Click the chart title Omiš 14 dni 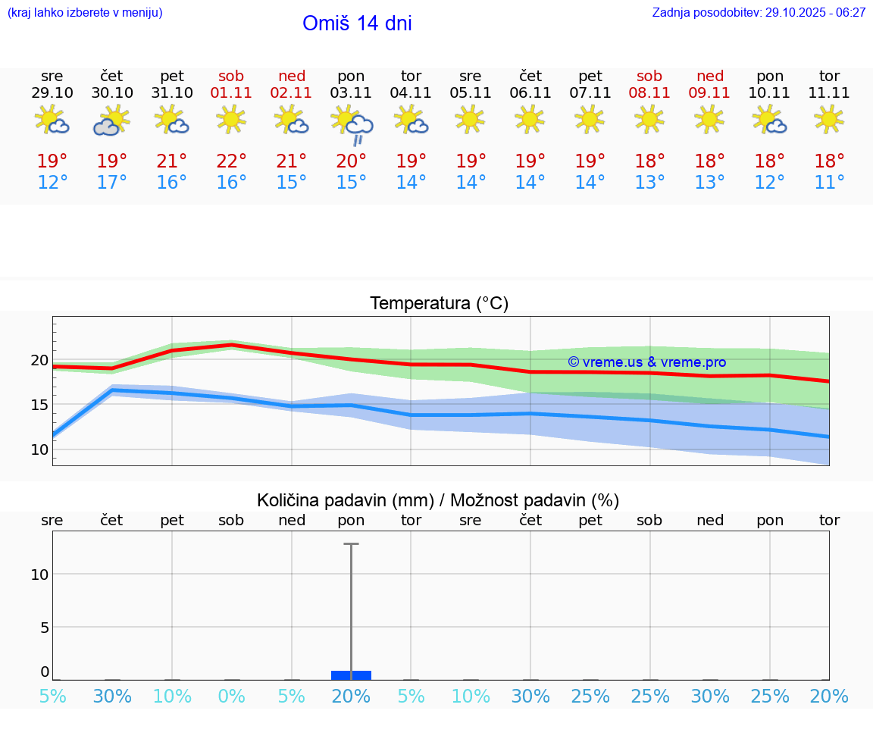pyautogui.click(x=357, y=23)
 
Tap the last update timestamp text pyautogui.click(x=759, y=13)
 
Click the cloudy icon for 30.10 pyautogui.click(x=111, y=121)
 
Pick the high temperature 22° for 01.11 pyautogui.click(x=232, y=161)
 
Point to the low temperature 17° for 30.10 pyautogui.click(x=111, y=183)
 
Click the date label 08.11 pyautogui.click(x=649, y=93)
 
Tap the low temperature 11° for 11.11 pyautogui.click(x=829, y=183)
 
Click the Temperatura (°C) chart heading pyautogui.click(x=439, y=304)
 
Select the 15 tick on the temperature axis pyautogui.click(x=39, y=405)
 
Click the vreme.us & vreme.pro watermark pyautogui.click(x=647, y=362)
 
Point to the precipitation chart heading pyautogui.click(x=438, y=500)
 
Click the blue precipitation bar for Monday pyautogui.click(x=351, y=675)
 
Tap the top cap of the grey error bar pyautogui.click(x=351, y=543)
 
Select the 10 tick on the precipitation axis pyautogui.click(x=39, y=575)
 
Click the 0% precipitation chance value pyautogui.click(x=232, y=697)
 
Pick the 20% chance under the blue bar pyautogui.click(x=351, y=697)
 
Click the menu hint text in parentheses pyautogui.click(x=85, y=13)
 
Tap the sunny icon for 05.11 pyautogui.click(x=470, y=119)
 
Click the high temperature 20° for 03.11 pyautogui.click(x=351, y=161)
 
